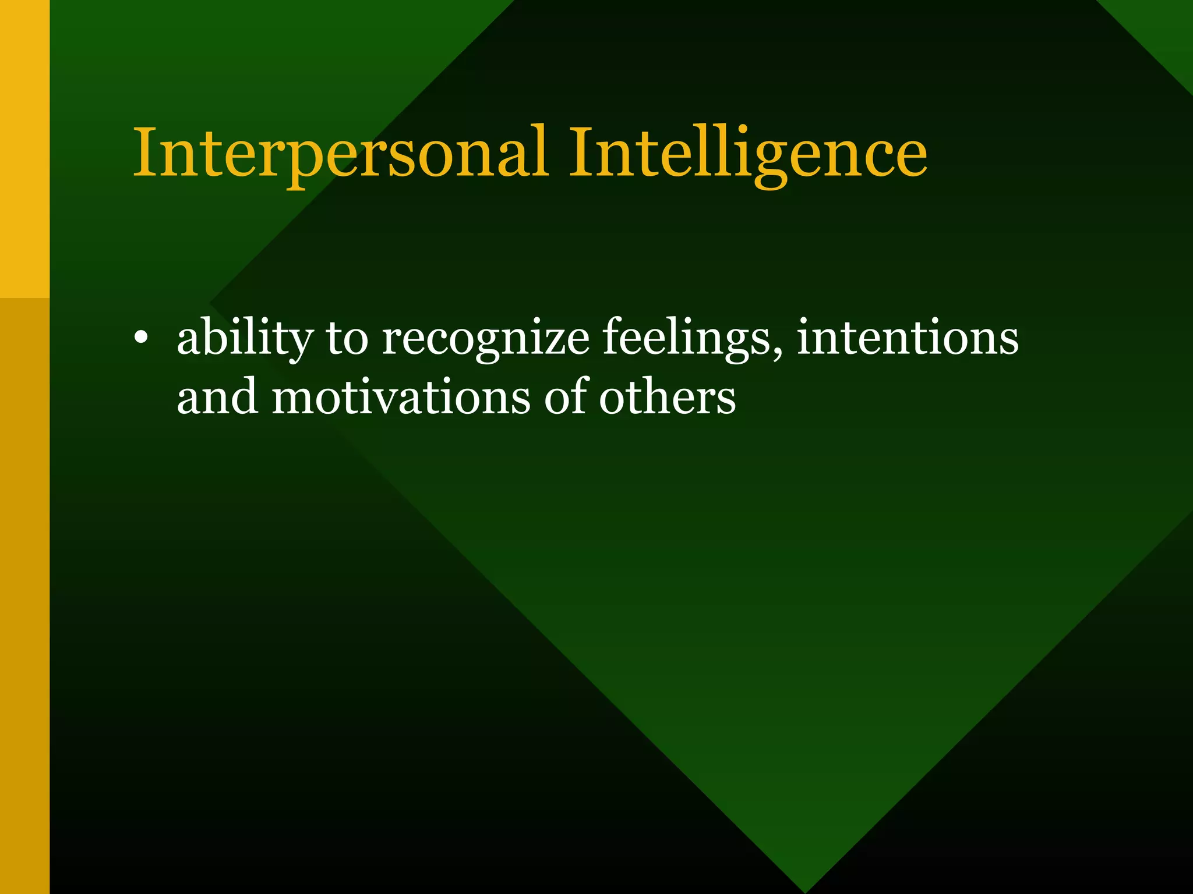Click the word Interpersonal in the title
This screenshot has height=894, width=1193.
[x=341, y=152]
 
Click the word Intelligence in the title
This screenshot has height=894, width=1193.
[x=748, y=152]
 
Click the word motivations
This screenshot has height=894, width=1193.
[x=401, y=397]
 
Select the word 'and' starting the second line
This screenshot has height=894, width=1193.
[x=217, y=397]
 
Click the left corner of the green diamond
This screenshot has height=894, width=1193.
[x=211, y=303]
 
